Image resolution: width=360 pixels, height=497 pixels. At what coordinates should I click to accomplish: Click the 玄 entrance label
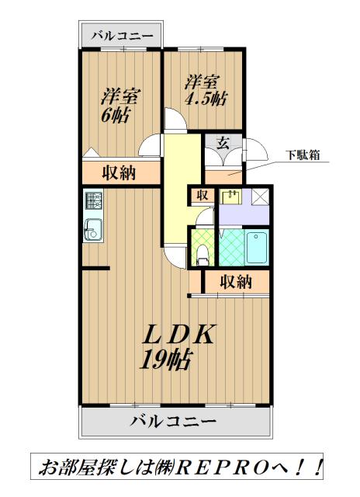click(223, 142)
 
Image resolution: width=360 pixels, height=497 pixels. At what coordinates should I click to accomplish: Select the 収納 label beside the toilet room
click(234, 281)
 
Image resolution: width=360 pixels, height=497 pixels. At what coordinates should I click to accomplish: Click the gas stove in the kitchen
click(93, 202)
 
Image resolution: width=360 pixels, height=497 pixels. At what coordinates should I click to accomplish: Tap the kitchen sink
click(93, 230)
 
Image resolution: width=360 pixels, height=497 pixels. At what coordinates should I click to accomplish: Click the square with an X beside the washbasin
click(260, 196)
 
